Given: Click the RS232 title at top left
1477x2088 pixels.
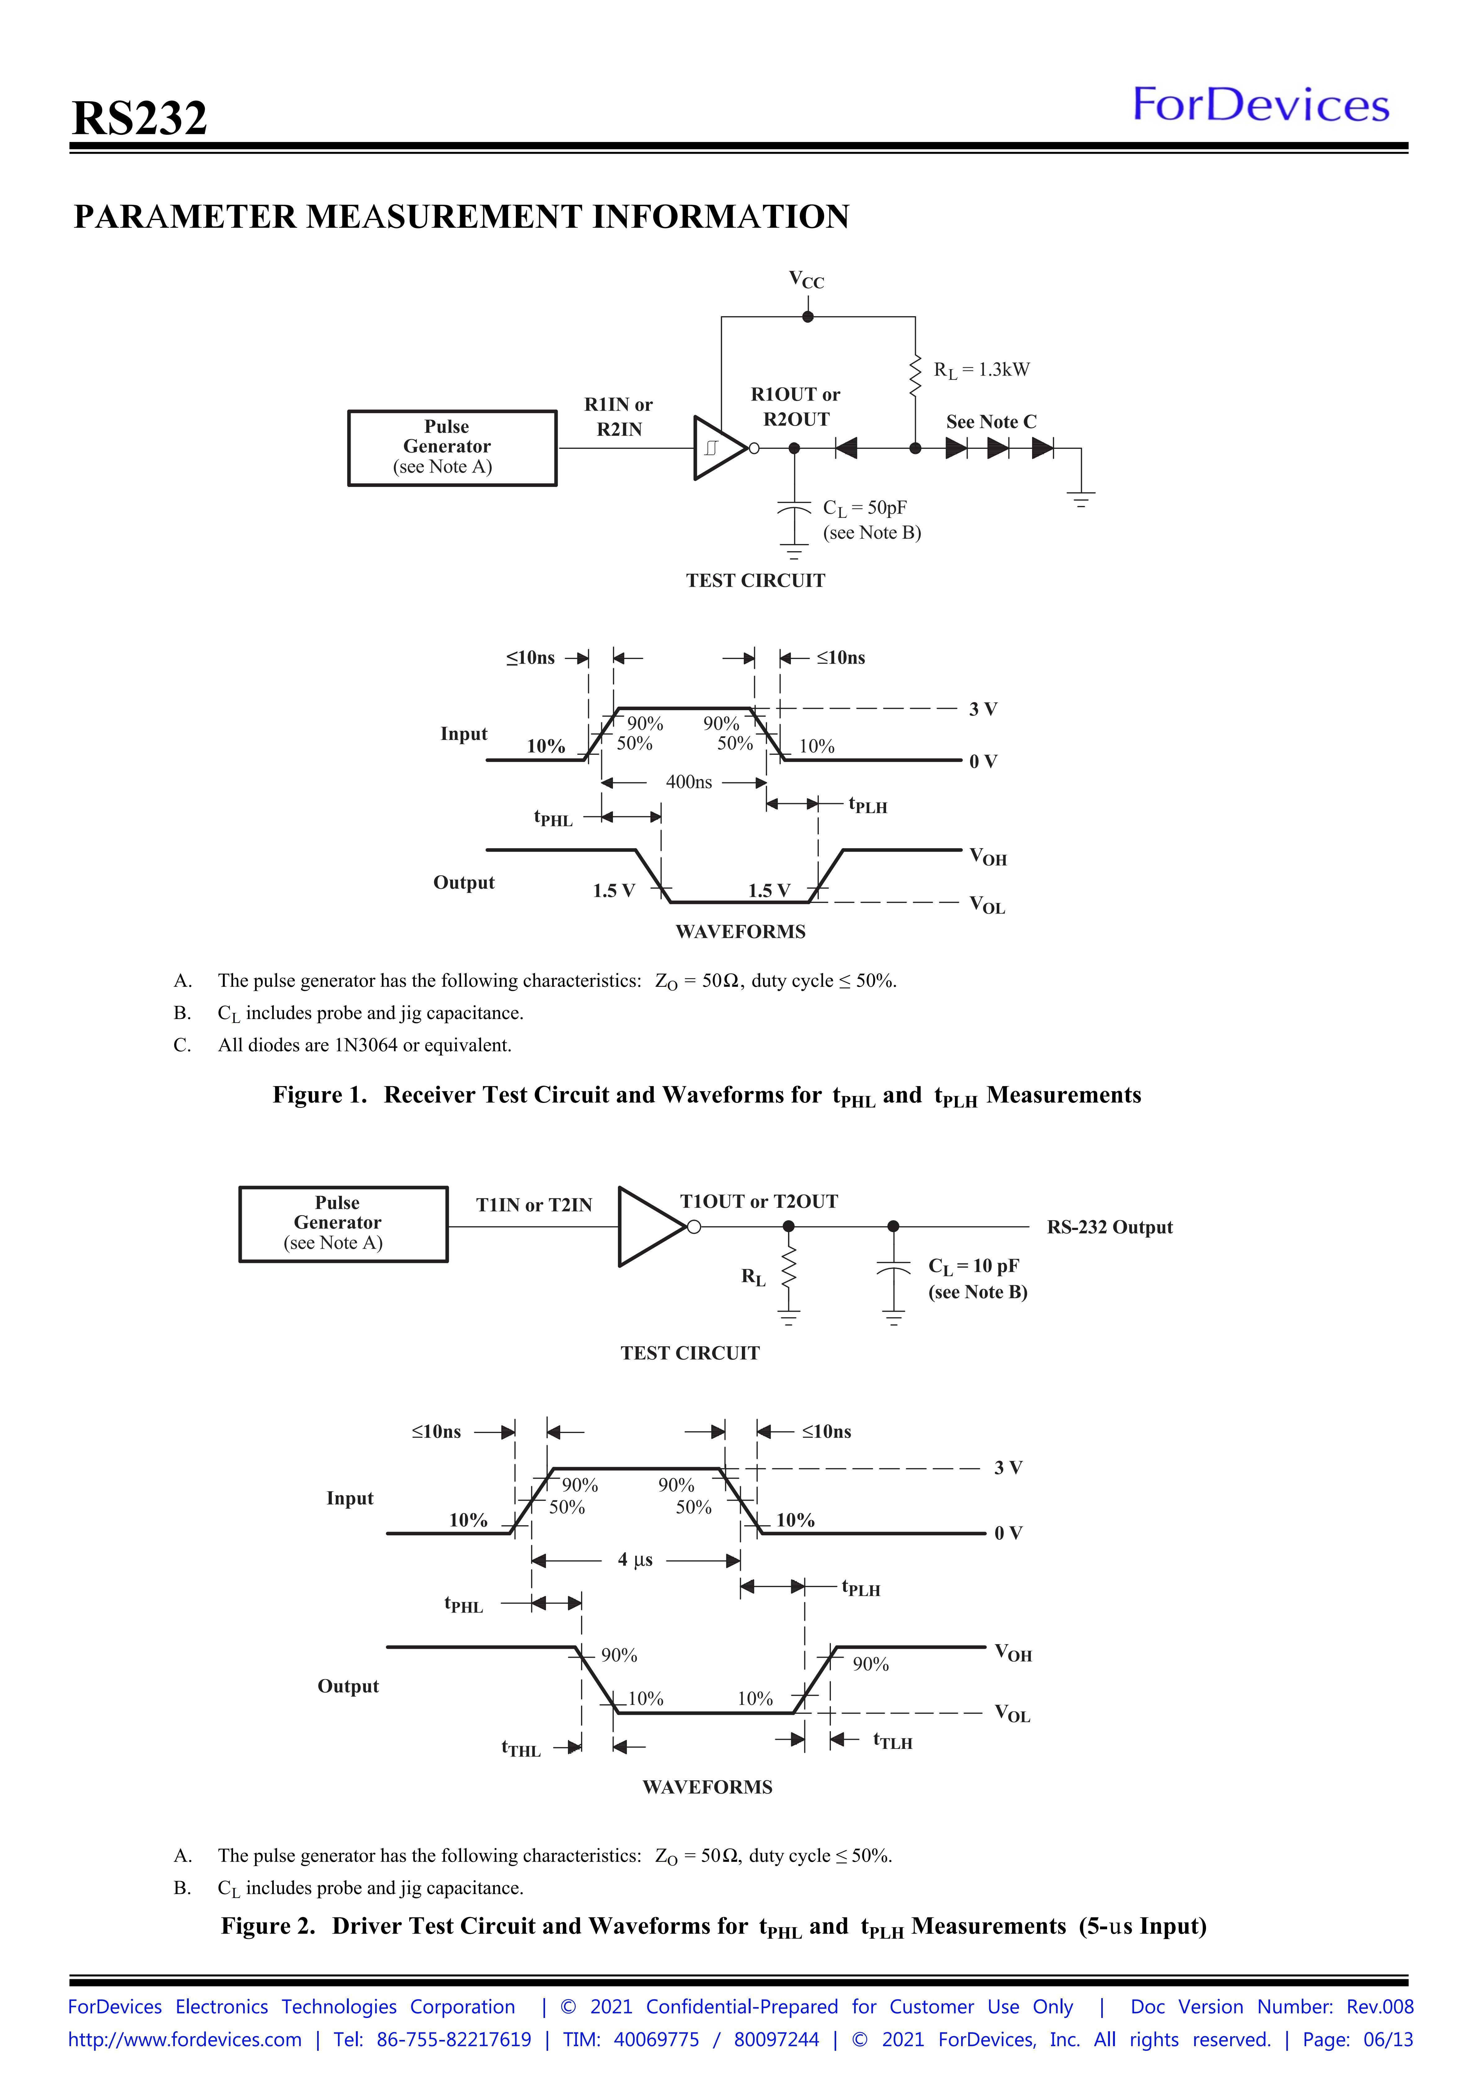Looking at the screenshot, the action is click(139, 118).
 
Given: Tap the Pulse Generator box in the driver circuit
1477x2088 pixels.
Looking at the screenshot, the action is click(343, 1224).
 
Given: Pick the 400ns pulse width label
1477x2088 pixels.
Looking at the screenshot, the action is click(689, 782).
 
